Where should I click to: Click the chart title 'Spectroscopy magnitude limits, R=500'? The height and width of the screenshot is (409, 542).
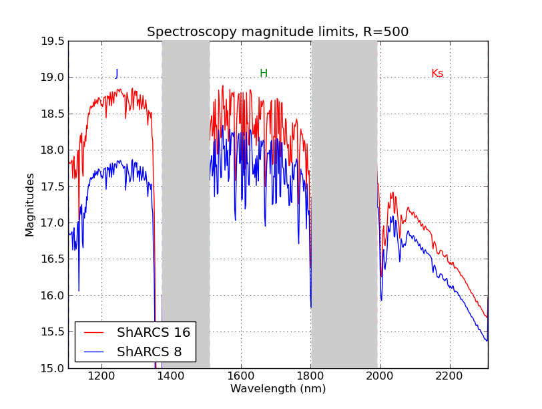[x=278, y=32]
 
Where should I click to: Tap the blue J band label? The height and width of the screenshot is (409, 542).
[x=116, y=74]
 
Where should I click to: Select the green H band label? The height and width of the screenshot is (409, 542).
[x=264, y=74]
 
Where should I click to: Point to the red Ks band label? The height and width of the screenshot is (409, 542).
[x=437, y=74]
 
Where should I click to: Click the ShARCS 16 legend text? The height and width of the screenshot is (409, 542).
[x=154, y=333]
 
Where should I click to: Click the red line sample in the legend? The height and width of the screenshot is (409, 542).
[x=94, y=333]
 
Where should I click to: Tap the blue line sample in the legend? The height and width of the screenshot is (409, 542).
[x=94, y=351]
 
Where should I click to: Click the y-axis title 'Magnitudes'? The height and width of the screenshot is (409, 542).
[x=30, y=204]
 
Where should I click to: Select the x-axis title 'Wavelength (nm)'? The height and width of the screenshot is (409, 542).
[x=278, y=389]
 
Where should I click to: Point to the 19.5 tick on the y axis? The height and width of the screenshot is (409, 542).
[x=53, y=41]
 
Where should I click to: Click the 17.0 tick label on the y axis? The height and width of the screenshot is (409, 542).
[x=53, y=223]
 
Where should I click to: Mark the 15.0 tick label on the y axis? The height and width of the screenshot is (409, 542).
[x=53, y=368]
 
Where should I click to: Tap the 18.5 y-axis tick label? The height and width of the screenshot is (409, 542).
[x=53, y=114]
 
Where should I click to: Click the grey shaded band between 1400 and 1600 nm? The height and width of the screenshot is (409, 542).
[x=186, y=200]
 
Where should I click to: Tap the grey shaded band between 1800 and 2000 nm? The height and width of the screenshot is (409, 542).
[x=344, y=200]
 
